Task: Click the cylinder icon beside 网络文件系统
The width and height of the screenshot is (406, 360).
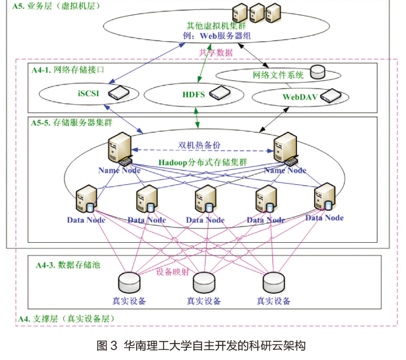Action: (x=318, y=72)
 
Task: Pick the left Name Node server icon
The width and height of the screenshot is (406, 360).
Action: (x=118, y=148)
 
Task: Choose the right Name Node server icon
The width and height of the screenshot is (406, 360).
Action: (x=285, y=148)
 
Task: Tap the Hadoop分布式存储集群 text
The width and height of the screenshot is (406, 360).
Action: (x=202, y=161)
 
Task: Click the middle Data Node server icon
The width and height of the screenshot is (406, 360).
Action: (x=204, y=199)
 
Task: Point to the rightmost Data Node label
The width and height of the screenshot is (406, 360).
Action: (x=324, y=218)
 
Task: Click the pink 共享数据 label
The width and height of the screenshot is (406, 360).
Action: (x=215, y=52)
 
